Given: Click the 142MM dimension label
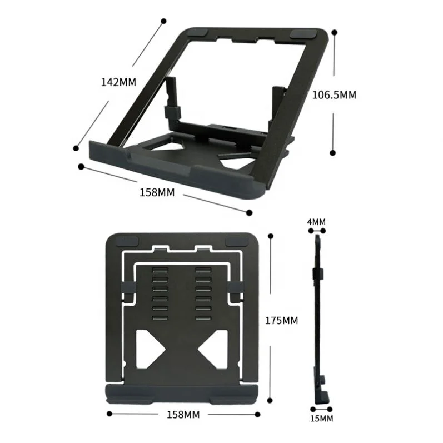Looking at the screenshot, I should click(118, 82).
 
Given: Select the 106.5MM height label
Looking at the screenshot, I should click(334, 94).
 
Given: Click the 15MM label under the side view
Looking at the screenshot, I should click(321, 418).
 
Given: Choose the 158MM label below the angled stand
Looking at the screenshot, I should click(157, 192).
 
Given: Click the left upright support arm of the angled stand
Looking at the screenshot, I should click(171, 100).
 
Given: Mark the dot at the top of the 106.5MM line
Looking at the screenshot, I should click(334, 33).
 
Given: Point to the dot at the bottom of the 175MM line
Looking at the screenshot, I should click(270, 400).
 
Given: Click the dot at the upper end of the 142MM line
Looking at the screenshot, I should click(163, 21).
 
